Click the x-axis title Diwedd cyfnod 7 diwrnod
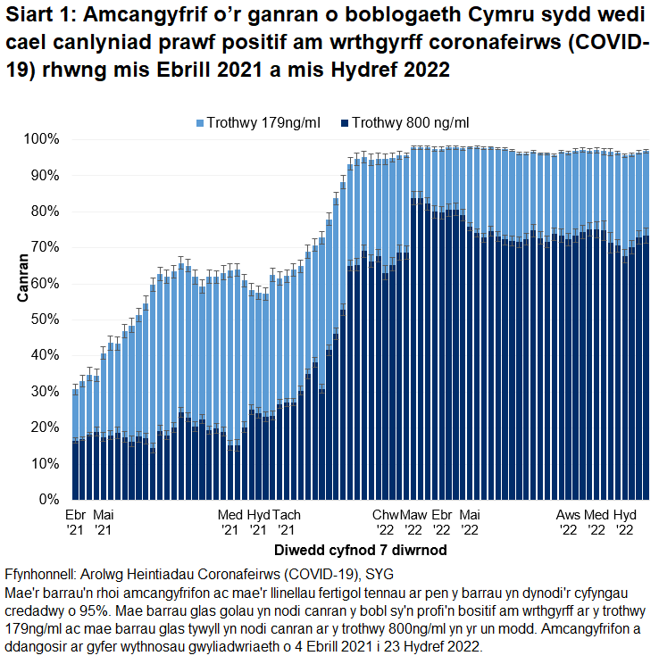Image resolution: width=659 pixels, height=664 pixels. [x=361, y=550]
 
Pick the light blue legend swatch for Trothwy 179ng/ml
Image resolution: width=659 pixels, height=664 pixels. [x=200, y=122]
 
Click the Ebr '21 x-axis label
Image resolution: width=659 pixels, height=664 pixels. [x=76, y=523]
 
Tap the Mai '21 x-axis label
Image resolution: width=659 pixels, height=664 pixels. [x=104, y=523]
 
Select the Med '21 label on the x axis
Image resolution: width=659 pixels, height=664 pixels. [x=230, y=523]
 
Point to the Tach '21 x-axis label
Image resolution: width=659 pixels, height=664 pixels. [x=287, y=523]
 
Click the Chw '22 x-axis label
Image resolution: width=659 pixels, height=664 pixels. [x=386, y=523]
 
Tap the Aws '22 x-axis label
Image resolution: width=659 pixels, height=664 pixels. [x=569, y=523]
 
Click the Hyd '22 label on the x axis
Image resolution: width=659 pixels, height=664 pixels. [x=625, y=523]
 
